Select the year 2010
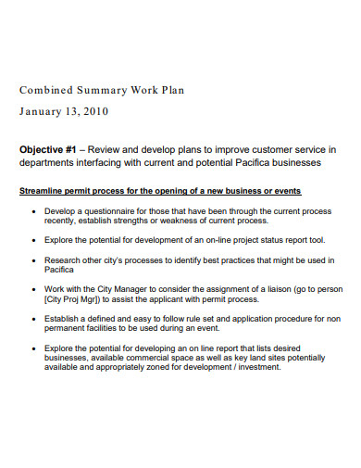[x=95, y=111]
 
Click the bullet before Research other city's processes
[x=33, y=261]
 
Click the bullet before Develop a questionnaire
[x=33, y=210]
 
